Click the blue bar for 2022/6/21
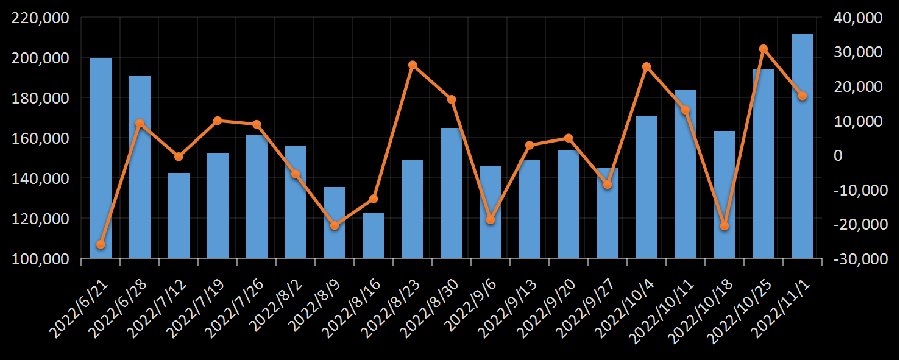(101, 158)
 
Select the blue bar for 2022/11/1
(803, 146)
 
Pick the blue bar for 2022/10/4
(647, 187)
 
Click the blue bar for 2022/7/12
(179, 216)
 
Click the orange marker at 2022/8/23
(413, 65)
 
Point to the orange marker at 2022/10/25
(764, 49)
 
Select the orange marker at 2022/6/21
(101, 244)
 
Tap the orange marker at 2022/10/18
(725, 226)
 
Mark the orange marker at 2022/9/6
(491, 219)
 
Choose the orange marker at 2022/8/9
(335, 225)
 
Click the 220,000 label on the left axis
(40, 18)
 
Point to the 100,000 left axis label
(40, 259)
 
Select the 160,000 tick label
(40, 138)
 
